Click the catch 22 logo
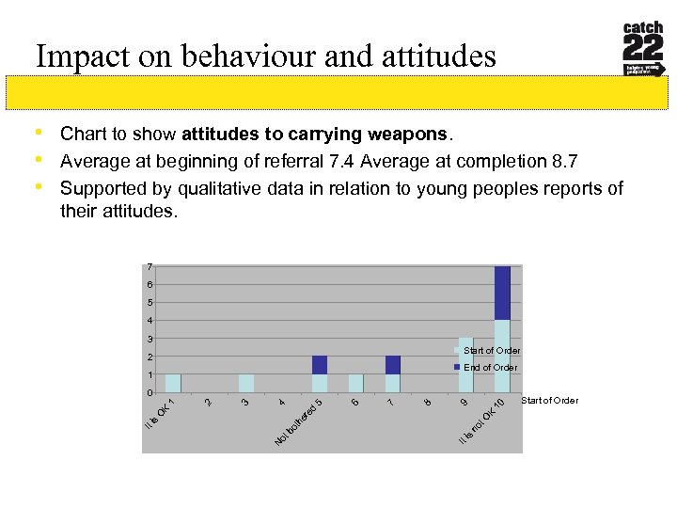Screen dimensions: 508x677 [x=644, y=50]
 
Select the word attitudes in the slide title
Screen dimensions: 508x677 [x=435, y=57]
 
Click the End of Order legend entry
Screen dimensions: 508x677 [x=490, y=368]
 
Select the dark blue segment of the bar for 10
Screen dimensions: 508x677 [x=502, y=293]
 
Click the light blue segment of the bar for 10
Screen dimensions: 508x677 [x=502, y=356]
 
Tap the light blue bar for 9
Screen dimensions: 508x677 [x=465, y=365]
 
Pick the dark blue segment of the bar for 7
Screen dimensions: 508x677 [x=392, y=365]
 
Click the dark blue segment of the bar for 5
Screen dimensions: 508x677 [x=320, y=365]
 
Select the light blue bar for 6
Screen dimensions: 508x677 [x=355, y=383]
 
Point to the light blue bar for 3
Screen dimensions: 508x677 [x=246, y=383]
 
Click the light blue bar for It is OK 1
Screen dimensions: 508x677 [x=173, y=383]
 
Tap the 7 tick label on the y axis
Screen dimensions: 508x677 [x=150, y=266]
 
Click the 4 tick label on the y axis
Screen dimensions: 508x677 [x=150, y=321]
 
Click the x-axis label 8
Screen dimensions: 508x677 [x=428, y=403]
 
